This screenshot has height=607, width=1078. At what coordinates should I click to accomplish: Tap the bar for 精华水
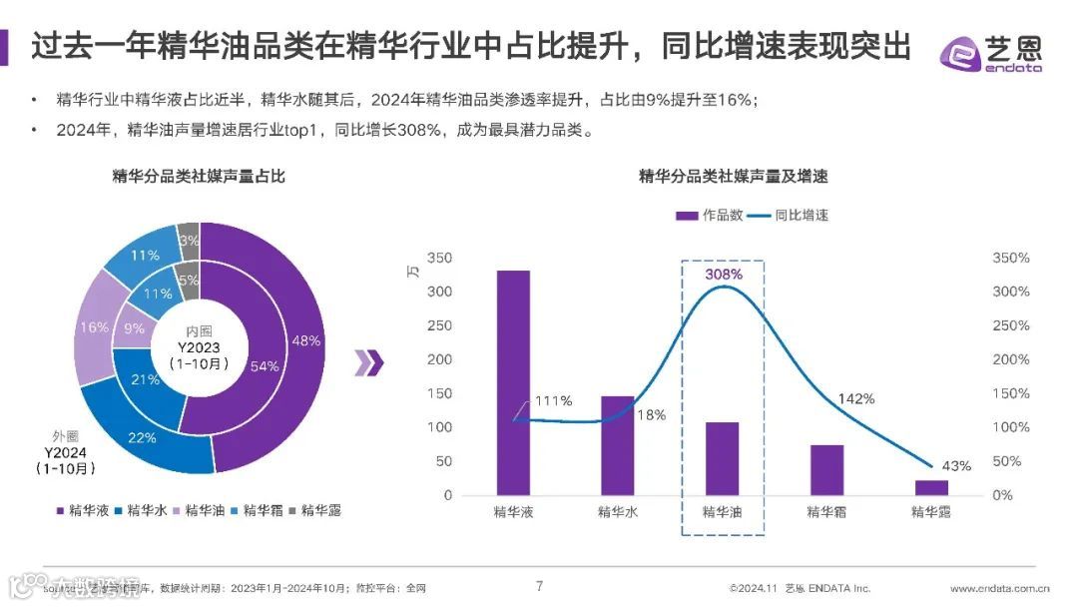pyautogui.click(x=617, y=445)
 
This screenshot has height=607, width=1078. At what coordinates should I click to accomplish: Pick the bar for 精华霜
pyautogui.click(x=826, y=469)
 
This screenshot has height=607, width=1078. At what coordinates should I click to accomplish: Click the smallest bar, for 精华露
pyautogui.click(x=931, y=487)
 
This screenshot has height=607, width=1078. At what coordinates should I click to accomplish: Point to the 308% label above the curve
pyautogui.click(x=724, y=274)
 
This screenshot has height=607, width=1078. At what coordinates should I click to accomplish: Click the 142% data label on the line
pyautogui.click(x=855, y=398)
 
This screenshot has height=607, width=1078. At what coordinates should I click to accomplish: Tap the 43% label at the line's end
pyautogui.click(x=956, y=465)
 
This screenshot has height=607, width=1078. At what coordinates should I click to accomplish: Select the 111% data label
pyautogui.click(x=552, y=401)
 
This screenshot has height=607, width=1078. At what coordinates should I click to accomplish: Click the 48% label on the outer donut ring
pyautogui.click(x=305, y=340)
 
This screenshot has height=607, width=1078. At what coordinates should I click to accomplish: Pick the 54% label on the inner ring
pyautogui.click(x=264, y=365)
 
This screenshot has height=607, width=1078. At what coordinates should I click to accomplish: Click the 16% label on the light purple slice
pyautogui.click(x=94, y=327)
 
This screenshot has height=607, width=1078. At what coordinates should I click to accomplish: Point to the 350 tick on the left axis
pyautogui.click(x=439, y=259)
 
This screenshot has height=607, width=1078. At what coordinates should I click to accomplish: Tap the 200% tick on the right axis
pyautogui.click(x=1010, y=359)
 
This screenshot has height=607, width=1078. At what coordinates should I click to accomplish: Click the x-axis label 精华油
pyautogui.click(x=722, y=512)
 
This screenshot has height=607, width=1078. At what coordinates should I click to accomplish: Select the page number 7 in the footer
pyautogui.click(x=539, y=586)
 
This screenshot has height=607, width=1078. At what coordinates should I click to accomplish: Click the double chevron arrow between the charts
pyautogui.click(x=369, y=363)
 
